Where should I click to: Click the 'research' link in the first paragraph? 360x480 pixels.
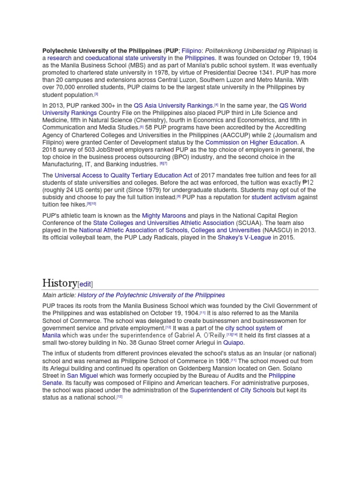(59, 58)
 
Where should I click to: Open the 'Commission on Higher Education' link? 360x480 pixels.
(251, 142)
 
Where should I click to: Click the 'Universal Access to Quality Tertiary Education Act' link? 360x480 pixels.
(123, 175)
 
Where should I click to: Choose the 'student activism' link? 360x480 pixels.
(274, 197)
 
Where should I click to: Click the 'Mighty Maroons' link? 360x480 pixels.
(164, 216)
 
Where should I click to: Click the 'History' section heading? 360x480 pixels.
(60, 283)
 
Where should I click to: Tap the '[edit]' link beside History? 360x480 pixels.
(85, 284)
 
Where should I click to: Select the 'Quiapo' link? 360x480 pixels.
(233, 343)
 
